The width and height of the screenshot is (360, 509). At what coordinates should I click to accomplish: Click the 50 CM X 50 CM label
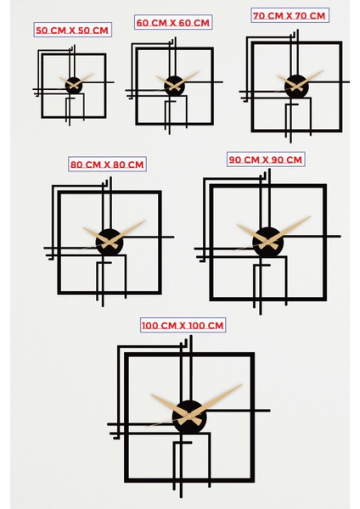pyautogui.click(x=72, y=31)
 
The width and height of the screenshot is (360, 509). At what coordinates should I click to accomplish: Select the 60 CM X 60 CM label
pyautogui.click(x=174, y=22)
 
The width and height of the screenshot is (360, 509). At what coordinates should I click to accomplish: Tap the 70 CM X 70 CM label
pyautogui.click(x=290, y=15)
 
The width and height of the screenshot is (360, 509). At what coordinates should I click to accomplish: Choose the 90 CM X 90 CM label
pyautogui.click(x=265, y=159)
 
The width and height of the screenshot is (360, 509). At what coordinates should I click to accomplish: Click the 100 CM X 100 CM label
pyautogui.click(x=183, y=325)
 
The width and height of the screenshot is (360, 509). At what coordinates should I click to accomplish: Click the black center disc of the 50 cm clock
pyautogui.click(x=73, y=85)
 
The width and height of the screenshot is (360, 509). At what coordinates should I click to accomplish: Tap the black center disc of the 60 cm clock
pyautogui.click(x=174, y=86)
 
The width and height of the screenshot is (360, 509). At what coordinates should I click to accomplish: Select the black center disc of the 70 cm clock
pyautogui.click(x=296, y=86)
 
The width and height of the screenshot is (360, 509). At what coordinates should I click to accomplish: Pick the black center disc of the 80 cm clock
pyautogui.click(x=110, y=242)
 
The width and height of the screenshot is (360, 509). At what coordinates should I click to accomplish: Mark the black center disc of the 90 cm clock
pyautogui.click(x=267, y=241)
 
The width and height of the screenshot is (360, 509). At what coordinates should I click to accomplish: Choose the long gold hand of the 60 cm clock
pyautogui.click(x=189, y=77)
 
